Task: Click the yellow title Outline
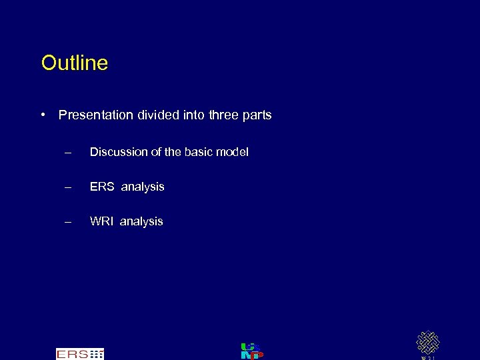(x=74, y=63)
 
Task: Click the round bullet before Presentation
(x=43, y=115)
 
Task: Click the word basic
(x=201, y=152)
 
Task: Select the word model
(x=233, y=152)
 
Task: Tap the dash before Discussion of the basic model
(x=67, y=152)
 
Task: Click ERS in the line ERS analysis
(x=102, y=187)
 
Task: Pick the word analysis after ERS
(x=143, y=187)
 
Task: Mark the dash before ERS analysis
(x=67, y=187)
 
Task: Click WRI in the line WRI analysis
(x=102, y=221)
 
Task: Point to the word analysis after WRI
(x=141, y=222)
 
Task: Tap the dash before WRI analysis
(x=67, y=221)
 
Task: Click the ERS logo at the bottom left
(x=80, y=353)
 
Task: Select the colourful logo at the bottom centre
(x=251, y=351)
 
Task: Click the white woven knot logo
(x=427, y=343)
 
